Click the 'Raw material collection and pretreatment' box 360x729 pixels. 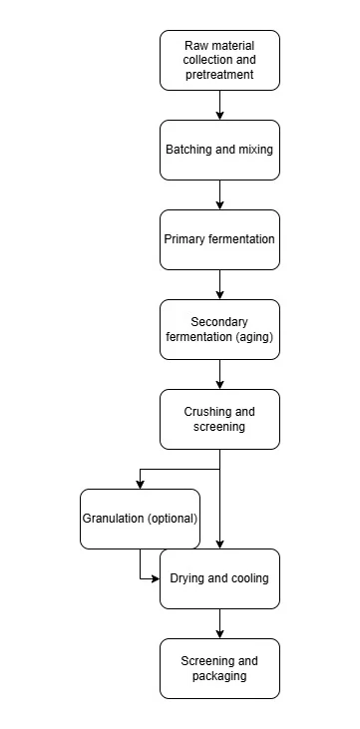tap(219, 61)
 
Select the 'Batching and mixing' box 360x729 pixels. tap(219, 150)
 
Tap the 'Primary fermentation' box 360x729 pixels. tap(219, 239)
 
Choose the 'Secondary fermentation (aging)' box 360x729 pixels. tap(219, 329)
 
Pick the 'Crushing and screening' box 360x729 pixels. tap(219, 419)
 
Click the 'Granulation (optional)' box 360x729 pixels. tap(140, 519)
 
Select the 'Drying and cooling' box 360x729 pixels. tap(219, 578)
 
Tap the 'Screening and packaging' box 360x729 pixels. tap(219, 668)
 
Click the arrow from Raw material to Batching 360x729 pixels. tap(220, 105)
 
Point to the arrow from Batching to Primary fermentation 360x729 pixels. tap(220, 194)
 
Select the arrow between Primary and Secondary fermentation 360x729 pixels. tap(220, 284)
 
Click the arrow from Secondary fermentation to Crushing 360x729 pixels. tap(220, 374)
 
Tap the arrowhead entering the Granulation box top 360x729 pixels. tap(140, 485)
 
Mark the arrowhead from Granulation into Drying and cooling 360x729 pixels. tap(156, 578)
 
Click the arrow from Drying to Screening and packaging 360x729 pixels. tap(220, 623)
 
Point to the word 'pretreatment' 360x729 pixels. tap(219, 75)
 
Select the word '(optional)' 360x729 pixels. tap(173, 519)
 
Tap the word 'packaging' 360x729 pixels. tap(219, 676)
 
